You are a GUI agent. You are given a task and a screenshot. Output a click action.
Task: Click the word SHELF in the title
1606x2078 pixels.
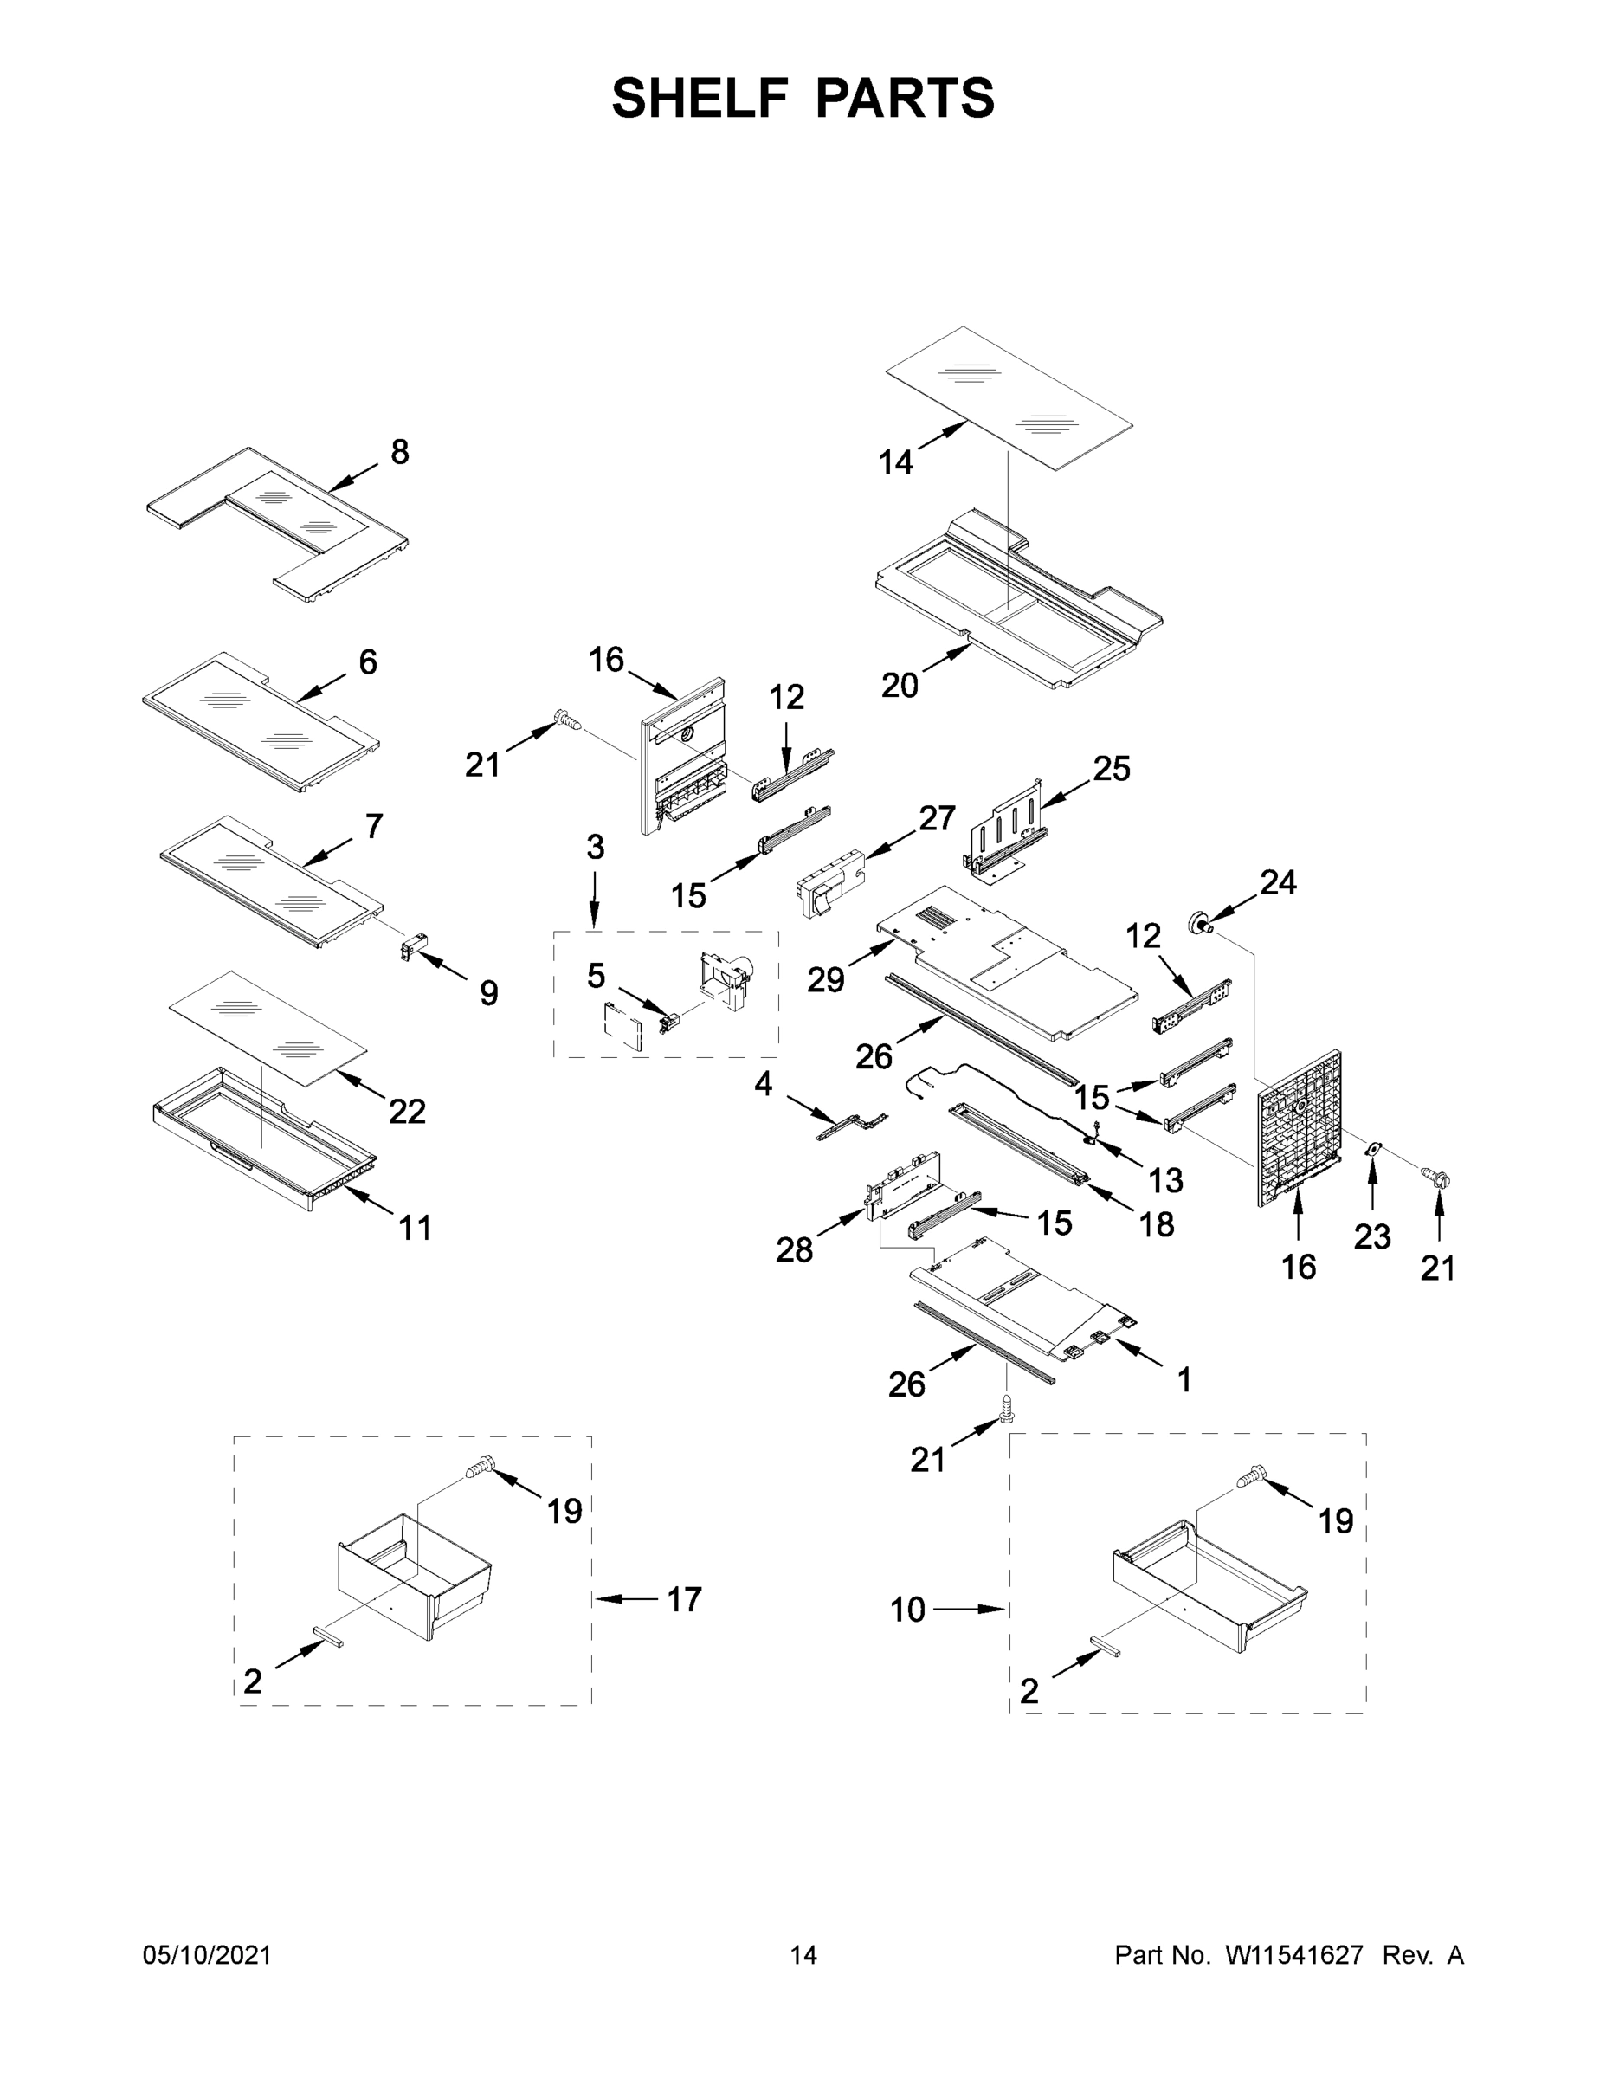700,98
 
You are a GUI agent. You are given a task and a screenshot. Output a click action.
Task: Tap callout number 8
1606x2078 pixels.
400,452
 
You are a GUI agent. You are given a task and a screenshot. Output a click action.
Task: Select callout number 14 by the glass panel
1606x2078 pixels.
895,463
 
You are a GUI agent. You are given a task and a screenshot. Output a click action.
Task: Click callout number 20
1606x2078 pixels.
899,685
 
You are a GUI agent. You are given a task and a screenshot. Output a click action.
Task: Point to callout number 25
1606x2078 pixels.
1112,768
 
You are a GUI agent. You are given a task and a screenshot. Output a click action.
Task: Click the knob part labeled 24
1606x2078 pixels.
1200,921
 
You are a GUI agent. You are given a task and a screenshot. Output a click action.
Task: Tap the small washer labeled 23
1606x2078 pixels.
1372,1149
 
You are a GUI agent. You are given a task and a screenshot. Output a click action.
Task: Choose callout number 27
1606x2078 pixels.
936,817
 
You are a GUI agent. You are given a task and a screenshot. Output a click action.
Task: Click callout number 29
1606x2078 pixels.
826,979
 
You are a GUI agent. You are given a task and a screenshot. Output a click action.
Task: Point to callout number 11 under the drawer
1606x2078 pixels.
415,1228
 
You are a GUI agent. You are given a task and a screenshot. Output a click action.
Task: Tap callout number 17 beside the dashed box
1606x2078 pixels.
684,1598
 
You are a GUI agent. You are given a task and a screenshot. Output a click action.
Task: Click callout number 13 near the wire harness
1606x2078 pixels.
1165,1180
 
